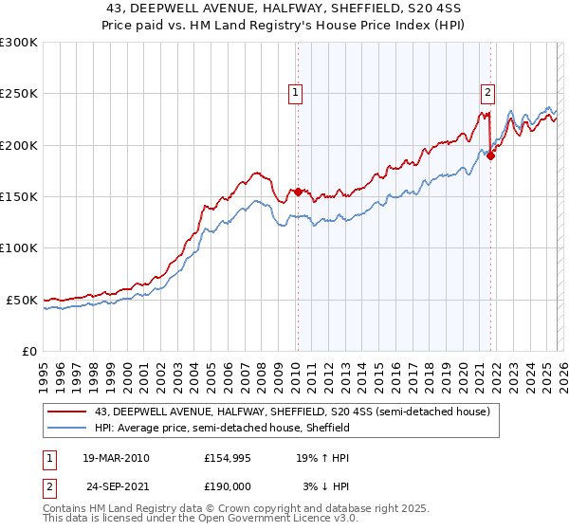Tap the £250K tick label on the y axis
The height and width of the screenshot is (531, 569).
pyautogui.click(x=19, y=94)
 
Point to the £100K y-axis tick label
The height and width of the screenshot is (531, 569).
pyautogui.click(x=19, y=247)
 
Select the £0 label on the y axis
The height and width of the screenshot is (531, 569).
pyautogui.click(x=28, y=351)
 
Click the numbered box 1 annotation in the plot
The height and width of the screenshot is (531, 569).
pyautogui.click(x=296, y=93)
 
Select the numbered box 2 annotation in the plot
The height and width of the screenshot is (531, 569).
pyautogui.click(x=487, y=93)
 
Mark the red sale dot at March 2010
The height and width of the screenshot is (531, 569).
pyautogui.click(x=298, y=192)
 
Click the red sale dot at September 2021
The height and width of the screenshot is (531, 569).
pyautogui.click(x=490, y=156)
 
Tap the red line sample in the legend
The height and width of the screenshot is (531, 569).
pyautogui.click(x=66, y=412)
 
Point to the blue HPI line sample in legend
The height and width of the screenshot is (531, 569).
pyautogui.click(x=66, y=428)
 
